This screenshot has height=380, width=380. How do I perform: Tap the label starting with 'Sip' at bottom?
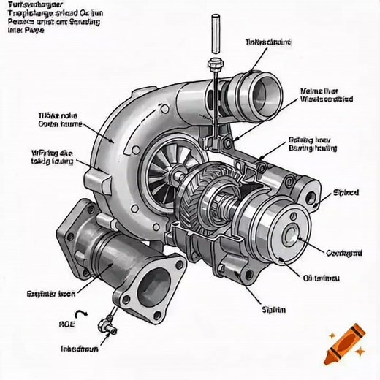pyautogui.click(x=273, y=308)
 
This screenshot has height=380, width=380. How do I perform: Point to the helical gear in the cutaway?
pyautogui.click(x=212, y=201)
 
